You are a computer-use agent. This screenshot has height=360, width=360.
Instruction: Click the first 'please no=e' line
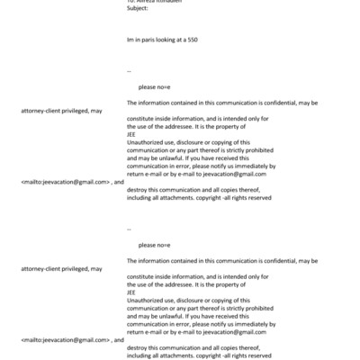(x=154, y=87)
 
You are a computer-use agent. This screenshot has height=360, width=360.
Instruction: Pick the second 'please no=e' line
(x=154, y=245)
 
